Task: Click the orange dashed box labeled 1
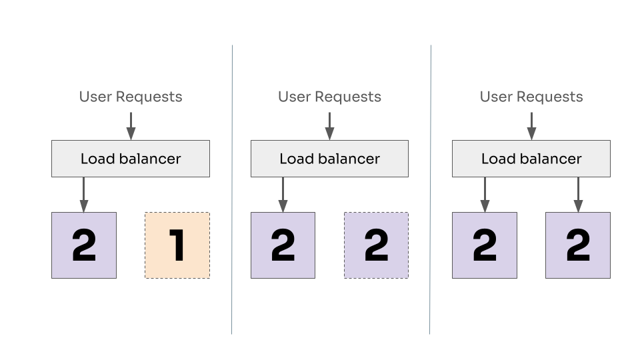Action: pos(177,245)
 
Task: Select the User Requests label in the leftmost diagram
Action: pos(131,97)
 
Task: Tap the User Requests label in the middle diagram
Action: pos(329,97)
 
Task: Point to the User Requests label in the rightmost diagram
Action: pos(531,97)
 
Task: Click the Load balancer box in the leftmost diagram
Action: pos(131,159)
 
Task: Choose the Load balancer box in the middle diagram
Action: pos(329,159)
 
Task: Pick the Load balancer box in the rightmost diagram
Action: pos(531,159)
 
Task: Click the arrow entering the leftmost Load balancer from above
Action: pos(131,125)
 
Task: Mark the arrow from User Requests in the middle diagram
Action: pos(329,125)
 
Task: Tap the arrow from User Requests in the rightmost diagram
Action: pos(531,125)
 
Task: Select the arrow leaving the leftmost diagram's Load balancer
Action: pos(83,195)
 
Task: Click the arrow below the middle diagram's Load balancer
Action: pos(283,195)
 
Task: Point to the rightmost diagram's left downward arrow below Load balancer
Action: pos(485,195)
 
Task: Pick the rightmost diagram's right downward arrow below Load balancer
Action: pos(578,195)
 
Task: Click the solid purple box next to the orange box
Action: pos(84,245)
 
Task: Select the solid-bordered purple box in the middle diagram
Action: pos(283,245)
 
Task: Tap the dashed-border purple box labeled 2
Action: pos(376,245)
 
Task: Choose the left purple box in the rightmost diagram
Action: pos(485,245)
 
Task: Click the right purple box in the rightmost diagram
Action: pos(578,245)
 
